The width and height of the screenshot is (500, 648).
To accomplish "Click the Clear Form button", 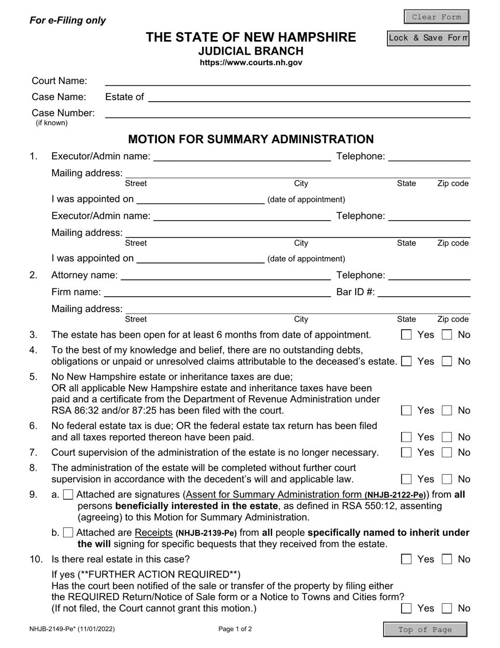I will pyautogui.click(x=436, y=17).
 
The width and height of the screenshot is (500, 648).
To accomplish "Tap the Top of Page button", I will pyautogui.click(x=425, y=630).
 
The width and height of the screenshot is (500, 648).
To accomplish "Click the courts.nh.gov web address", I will pyautogui.click(x=251, y=63).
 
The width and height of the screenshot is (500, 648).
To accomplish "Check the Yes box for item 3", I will pyautogui.click(x=406, y=335).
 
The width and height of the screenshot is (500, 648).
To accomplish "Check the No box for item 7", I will pyautogui.click(x=447, y=453).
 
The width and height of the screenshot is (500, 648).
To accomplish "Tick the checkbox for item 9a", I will pyautogui.click(x=68, y=495).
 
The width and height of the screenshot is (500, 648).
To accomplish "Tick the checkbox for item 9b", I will pyautogui.click(x=68, y=533).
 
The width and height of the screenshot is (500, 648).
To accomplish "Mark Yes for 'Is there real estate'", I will pyautogui.click(x=406, y=559).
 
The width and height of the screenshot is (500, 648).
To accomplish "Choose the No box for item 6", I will pyautogui.click(x=447, y=437).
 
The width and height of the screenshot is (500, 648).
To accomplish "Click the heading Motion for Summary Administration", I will pyautogui.click(x=251, y=139).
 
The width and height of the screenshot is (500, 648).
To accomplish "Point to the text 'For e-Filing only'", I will pyautogui.click(x=68, y=21).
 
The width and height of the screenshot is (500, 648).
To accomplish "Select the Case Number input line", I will pyautogui.click(x=287, y=113).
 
